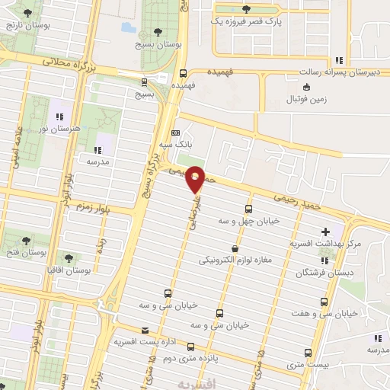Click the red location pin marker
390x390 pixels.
coord(196,178)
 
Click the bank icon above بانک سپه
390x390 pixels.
coord(176,131)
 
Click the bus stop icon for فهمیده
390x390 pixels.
coord(183,74)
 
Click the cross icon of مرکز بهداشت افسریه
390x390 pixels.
coord(326,232)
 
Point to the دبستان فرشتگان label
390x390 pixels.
coord(308,272)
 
